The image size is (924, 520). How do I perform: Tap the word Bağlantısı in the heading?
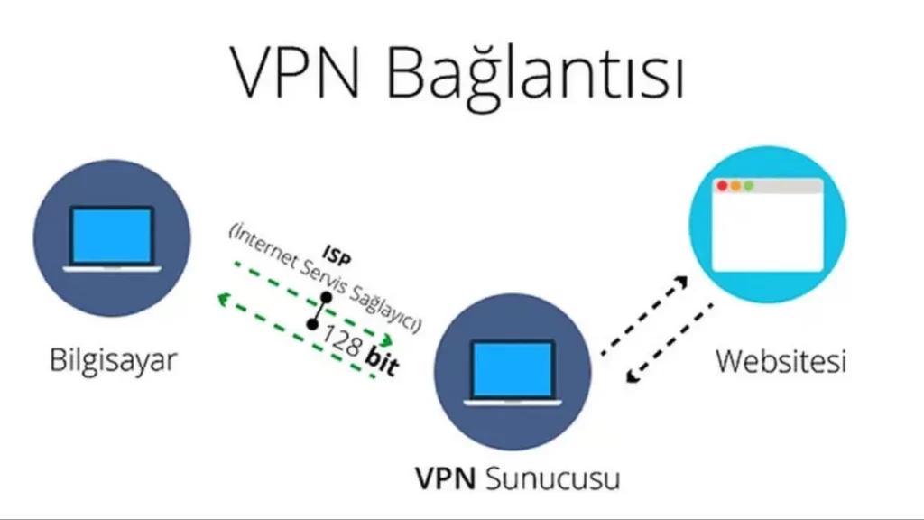click(535, 72)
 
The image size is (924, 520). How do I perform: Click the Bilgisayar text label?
click(114, 359)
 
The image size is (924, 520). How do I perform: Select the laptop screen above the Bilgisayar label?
click(112, 235)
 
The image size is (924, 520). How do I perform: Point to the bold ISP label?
click(338, 255)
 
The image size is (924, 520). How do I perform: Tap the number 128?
click(342, 342)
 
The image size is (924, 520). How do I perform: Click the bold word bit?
click(381, 362)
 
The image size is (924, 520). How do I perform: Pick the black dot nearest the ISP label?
click(326, 296)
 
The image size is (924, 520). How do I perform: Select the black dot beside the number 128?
click(311, 322)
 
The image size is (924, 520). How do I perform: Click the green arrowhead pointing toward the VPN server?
click(386, 341)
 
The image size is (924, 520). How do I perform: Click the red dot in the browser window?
click(722, 186)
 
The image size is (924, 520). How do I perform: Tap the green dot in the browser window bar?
click(748, 186)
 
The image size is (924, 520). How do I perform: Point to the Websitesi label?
click(781, 361)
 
